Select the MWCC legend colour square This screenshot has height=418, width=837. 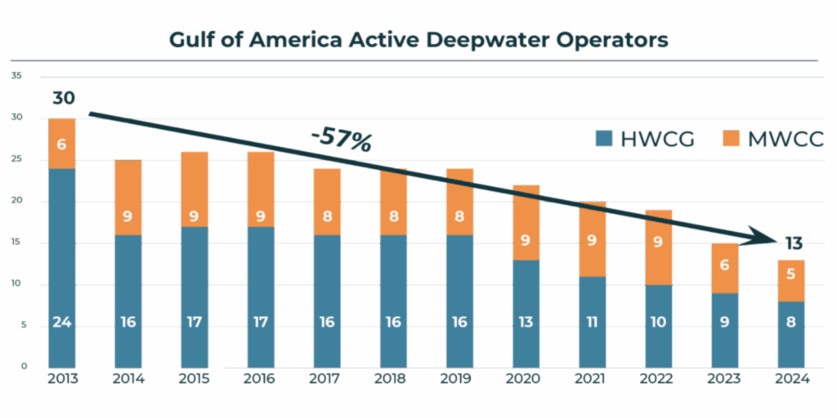click(729, 139)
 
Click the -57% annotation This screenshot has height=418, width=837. click(341, 140)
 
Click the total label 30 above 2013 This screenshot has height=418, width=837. click(64, 98)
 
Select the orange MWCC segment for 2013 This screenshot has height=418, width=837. click(62, 144)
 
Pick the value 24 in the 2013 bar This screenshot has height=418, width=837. click(62, 322)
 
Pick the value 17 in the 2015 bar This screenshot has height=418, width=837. click(195, 322)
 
